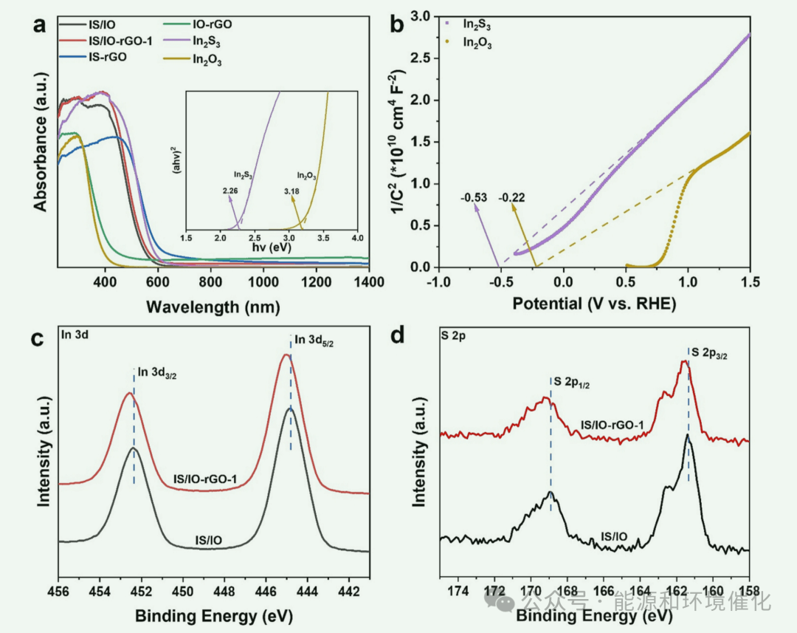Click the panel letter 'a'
tap(39, 25)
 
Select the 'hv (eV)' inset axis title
tap(270, 247)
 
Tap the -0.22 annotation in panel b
tap(512, 197)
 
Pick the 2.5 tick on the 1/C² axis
tap(419, 58)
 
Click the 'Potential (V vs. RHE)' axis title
tap(594, 303)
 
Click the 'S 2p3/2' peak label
tap(713, 355)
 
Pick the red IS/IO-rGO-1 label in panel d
tap(613, 425)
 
